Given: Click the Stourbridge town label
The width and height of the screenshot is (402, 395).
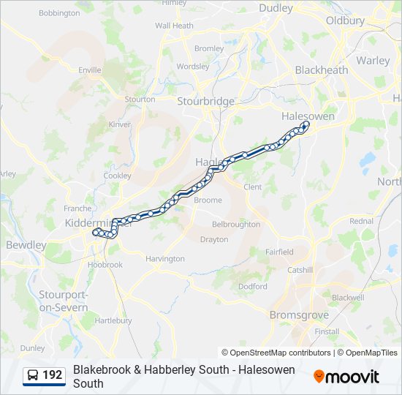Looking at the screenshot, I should [205, 101].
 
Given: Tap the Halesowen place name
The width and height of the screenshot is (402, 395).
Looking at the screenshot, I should [308, 116].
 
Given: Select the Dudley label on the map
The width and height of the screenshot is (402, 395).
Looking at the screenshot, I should [276, 9].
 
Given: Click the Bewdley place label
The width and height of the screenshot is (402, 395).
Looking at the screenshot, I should [26, 245].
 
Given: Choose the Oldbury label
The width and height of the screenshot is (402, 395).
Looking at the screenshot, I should [345, 21].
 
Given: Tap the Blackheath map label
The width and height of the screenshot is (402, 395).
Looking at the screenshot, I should [321, 70].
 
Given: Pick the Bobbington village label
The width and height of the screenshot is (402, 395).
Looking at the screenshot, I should [59, 13].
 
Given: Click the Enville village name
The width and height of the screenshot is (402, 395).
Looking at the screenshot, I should [90, 70].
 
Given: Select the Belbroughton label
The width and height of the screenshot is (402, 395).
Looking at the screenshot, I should [235, 225].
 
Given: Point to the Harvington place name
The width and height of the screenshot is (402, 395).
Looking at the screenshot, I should [165, 259].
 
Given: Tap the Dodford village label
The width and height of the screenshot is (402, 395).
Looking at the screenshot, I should [252, 287].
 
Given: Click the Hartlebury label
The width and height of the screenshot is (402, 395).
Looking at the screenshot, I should [113, 320].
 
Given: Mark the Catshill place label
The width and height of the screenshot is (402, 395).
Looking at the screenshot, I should [300, 270].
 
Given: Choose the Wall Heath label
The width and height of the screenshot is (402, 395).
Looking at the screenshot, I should [174, 26].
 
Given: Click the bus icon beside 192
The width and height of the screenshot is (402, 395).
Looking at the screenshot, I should [33, 375].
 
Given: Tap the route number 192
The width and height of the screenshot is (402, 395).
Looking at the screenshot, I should [53, 375].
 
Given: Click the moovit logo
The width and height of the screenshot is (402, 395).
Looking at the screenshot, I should [346, 377].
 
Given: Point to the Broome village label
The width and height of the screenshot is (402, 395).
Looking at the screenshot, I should [208, 200].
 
